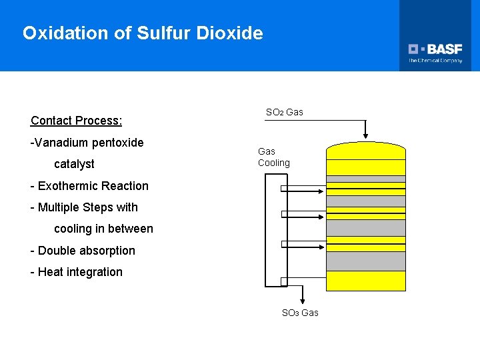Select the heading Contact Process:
click(x=76, y=121)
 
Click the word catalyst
click(x=74, y=164)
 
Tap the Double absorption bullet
click(x=83, y=251)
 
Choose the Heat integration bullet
click(x=77, y=272)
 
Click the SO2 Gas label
click(x=284, y=112)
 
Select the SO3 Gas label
click(x=300, y=313)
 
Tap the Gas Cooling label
click(x=273, y=157)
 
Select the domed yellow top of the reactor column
click(x=365, y=150)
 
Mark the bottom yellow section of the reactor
click(x=365, y=281)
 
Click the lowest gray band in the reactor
click(x=365, y=261)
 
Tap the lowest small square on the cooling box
click(x=283, y=281)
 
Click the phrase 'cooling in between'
click(x=103, y=229)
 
